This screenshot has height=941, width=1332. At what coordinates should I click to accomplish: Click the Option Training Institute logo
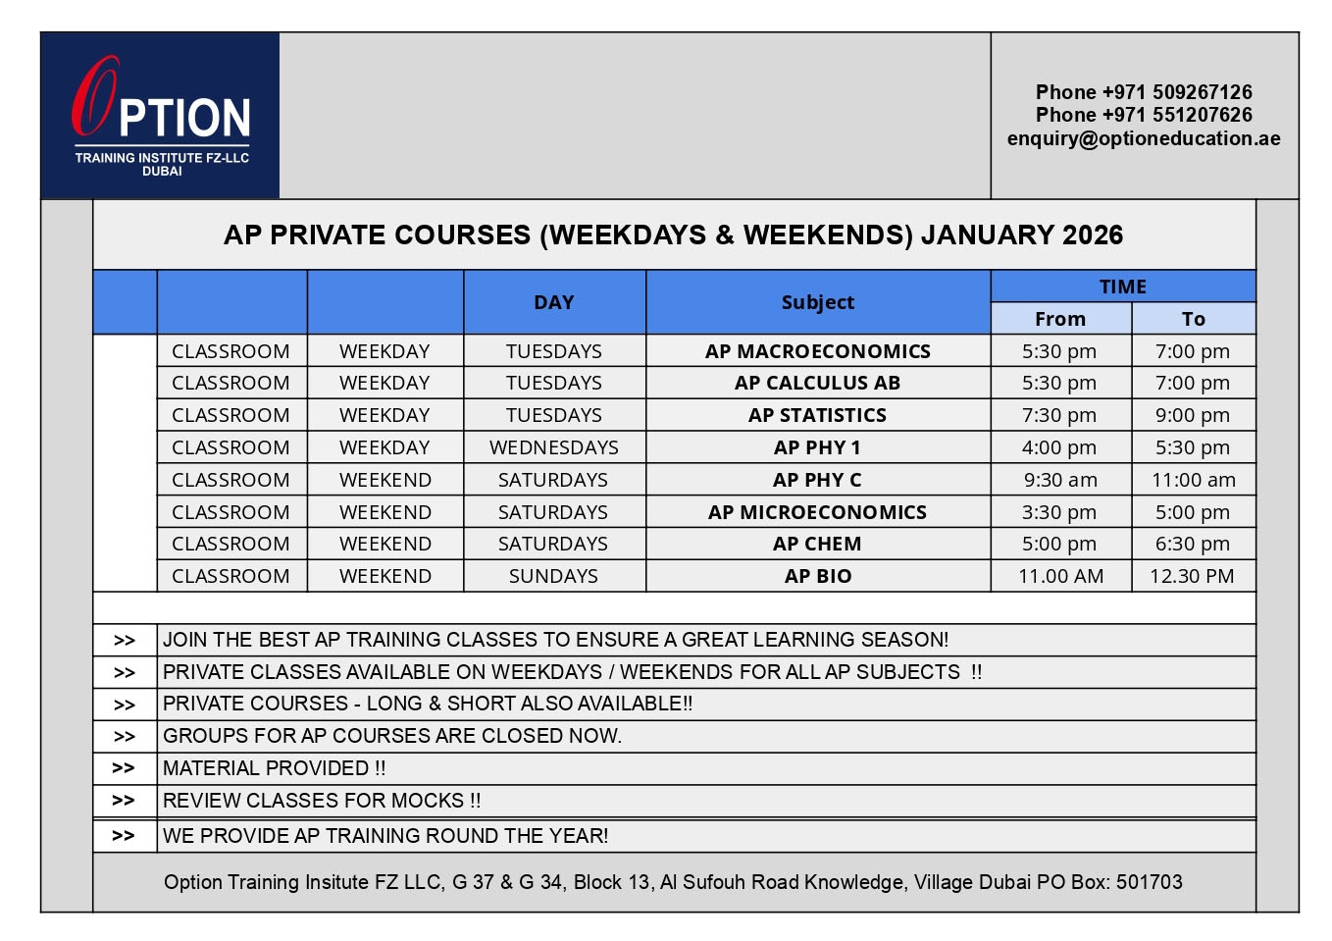pyautogui.click(x=161, y=116)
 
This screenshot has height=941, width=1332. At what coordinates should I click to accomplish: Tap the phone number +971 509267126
pyautogui.click(x=1144, y=92)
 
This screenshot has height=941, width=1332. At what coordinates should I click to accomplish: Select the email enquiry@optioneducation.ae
pyautogui.click(x=1144, y=138)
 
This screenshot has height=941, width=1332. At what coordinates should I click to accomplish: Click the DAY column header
pyautogui.click(x=554, y=302)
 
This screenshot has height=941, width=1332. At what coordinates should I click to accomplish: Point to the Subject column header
pyautogui.click(x=818, y=302)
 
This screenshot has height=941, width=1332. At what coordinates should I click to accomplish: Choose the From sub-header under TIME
pyautogui.click(x=1060, y=319)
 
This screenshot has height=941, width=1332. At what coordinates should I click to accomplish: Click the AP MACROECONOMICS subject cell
pyautogui.click(x=818, y=351)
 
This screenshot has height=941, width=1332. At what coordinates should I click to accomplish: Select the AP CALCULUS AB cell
pyautogui.click(x=818, y=383)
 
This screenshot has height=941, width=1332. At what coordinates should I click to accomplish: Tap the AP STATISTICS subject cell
pyautogui.click(x=818, y=415)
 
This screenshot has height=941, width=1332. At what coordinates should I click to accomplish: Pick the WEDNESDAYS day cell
pyautogui.click(x=554, y=447)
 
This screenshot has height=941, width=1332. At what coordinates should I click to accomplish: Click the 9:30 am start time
pyautogui.click(x=1060, y=480)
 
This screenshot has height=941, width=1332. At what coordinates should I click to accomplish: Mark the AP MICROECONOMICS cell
pyautogui.click(x=818, y=512)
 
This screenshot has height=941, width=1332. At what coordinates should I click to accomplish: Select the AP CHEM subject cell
pyautogui.click(x=818, y=544)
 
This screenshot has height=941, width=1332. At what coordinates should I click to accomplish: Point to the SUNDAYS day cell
pyautogui.click(x=554, y=576)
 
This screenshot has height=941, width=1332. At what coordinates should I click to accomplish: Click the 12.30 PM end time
pyautogui.click(x=1192, y=576)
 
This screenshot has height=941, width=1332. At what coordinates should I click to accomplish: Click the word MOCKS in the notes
pyautogui.click(x=428, y=801)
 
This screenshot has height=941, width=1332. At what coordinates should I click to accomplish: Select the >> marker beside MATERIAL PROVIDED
pyautogui.click(x=124, y=768)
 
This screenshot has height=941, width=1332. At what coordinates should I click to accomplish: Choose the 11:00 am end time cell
pyautogui.click(x=1193, y=480)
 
